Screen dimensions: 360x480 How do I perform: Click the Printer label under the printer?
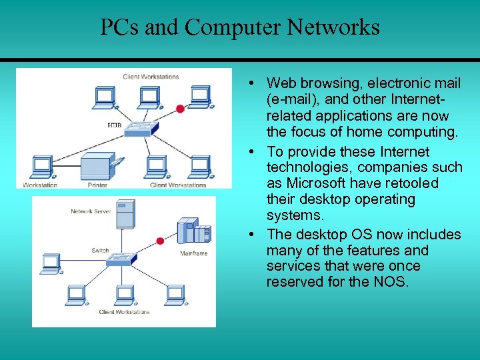[x=97, y=185]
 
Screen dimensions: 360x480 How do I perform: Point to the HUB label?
[x=114, y=125]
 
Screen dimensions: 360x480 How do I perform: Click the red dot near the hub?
[x=179, y=109]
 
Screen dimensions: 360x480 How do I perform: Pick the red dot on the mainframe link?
[x=160, y=241]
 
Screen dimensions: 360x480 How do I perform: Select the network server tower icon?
[x=125, y=215]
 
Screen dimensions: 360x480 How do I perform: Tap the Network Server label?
[x=91, y=211]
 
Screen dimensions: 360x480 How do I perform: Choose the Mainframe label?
[x=193, y=253]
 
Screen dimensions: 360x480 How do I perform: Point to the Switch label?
[x=100, y=251]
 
